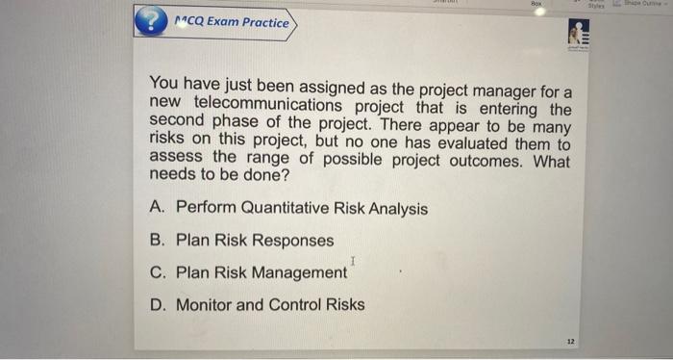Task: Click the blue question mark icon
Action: pyautogui.click(x=150, y=23)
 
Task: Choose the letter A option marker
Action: pyautogui.click(x=158, y=208)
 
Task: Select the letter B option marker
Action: pyautogui.click(x=158, y=241)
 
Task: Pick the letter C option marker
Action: pyautogui.click(x=158, y=272)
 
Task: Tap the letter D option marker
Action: pyautogui.click(x=158, y=305)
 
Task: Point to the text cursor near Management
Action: pyautogui.click(x=354, y=261)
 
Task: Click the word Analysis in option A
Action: pyautogui.click(x=393, y=208)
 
